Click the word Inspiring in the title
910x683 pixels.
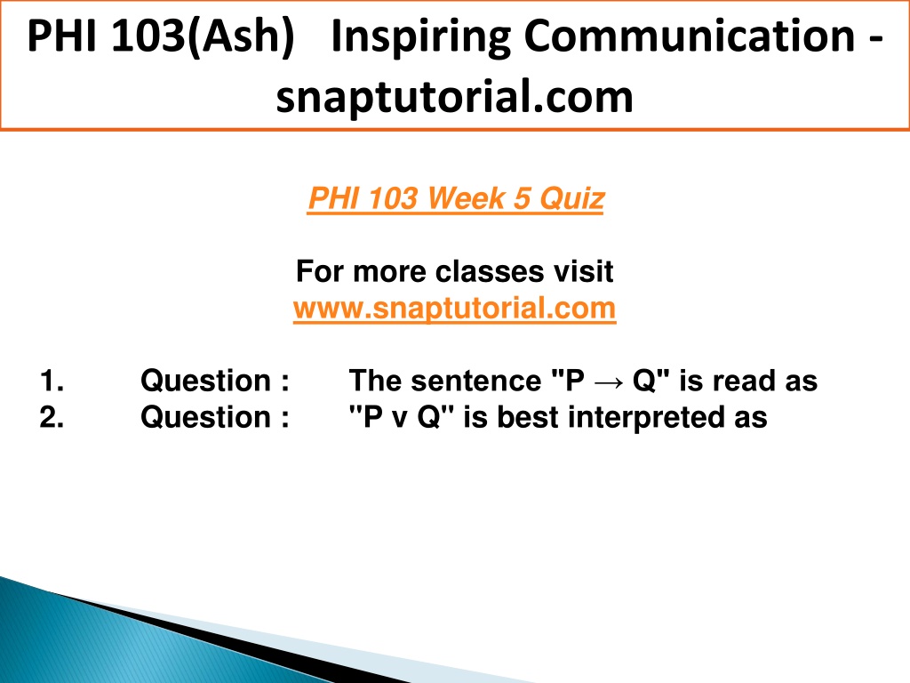[x=420, y=37]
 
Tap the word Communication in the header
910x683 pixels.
[x=690, y=36]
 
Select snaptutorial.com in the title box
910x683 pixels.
[x=454, y=97]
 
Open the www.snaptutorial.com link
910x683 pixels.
[x=454, y=308]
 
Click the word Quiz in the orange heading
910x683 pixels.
[x=572, y=199]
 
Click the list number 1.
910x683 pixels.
[x=52, y=381]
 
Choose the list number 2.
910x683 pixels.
[x=52, y=417]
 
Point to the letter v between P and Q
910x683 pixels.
[x=399, y=420]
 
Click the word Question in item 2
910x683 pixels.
[x=205, y=418]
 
